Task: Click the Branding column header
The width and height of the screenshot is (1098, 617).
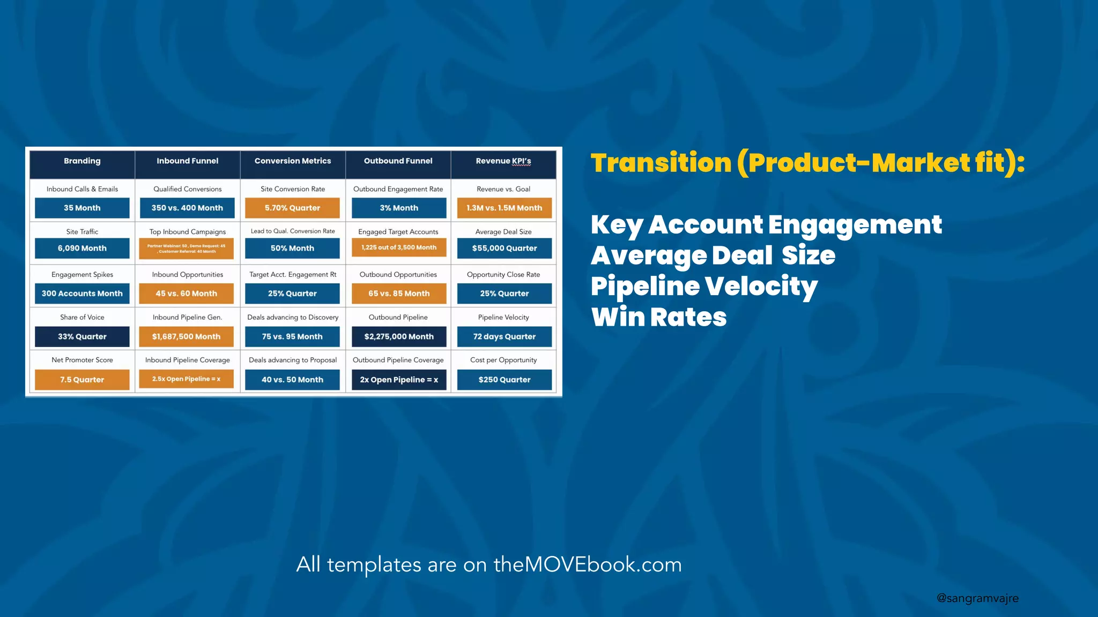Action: tap(82, 161)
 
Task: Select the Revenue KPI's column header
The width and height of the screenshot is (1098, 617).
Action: tap(503, 161)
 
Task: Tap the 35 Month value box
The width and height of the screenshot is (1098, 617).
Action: tap(82, 208)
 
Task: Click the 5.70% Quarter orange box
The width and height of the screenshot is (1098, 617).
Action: tap(292, 208)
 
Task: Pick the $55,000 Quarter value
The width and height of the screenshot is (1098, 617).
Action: tap(504, 249)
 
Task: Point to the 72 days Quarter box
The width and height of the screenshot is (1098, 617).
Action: tap(504, 337)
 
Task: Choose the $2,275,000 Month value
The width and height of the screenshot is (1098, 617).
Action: tap(398, 337)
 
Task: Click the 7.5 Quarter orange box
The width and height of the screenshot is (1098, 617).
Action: tap(82, 380)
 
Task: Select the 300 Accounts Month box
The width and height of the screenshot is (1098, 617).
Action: tap(82, 294)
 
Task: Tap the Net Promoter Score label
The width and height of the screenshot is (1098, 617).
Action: tap(82, 360)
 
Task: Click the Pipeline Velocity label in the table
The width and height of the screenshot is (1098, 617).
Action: tap(503, 317)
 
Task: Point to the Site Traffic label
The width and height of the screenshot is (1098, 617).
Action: tap(82, 232)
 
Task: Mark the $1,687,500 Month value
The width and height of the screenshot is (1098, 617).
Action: tap(186, 337)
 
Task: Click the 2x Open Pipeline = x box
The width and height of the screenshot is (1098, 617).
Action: tap(398, 380)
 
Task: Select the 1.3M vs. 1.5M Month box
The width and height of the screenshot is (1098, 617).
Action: tap(504, 208)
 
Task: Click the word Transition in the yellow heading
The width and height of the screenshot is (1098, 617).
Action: tap(661, 163)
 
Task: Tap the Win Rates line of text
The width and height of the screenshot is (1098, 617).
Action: tap(659, 317)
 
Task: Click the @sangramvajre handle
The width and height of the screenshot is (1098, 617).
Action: tap(977, 598)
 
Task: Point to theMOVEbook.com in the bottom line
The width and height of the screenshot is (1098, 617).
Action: tap(587, 565)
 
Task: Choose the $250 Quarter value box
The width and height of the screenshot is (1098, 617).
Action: tap(504, 380)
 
